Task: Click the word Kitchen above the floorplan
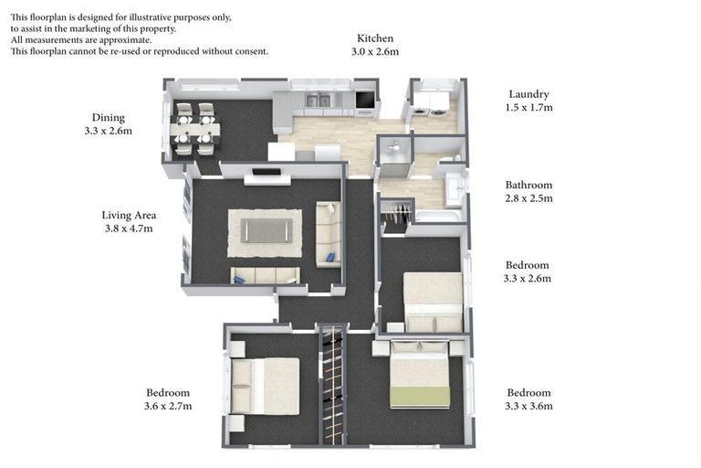pyautogui.click(x=375, y=38)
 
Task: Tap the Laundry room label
pyautogui.click(x=529, y=94)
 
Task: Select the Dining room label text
pyautogui.click(x=108, y=117)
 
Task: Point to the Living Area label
pyautogui.click(x=129, y=216)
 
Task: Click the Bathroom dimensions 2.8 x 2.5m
pyautogui.click(x=528, y=198)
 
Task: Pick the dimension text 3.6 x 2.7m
pyautogui.click(x=168, y=406)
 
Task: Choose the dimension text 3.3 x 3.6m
pyautogui.click(x=529, y=406)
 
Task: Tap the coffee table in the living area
pyautogui.click(x=266, y=230)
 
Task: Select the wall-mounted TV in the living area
pyautogui.click(x=267, y=171)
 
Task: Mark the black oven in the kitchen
pyautogui.click(x=364, y=100)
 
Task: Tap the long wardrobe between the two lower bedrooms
pyautogui.click(x=334, y=384)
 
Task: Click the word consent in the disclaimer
pyautogui.click(x=249, y=51)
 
